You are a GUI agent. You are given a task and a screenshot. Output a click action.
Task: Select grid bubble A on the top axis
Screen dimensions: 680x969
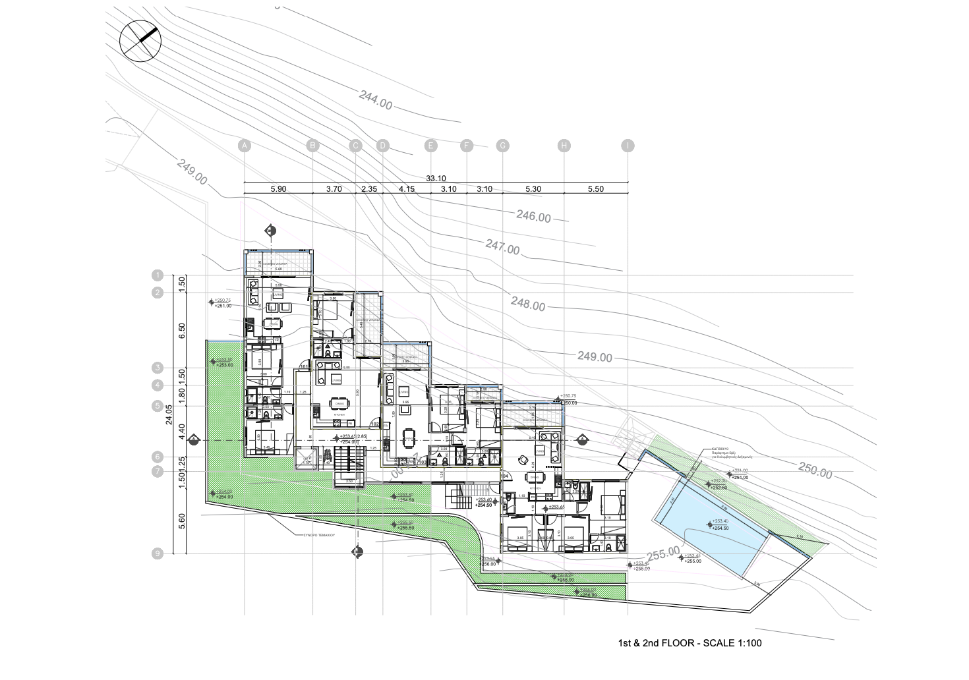click(x=244, y=146)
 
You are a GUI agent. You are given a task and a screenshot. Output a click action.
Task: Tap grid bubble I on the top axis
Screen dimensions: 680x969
click(x=628, y=146)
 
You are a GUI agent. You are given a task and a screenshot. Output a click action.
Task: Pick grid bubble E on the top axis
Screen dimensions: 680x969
click(x=430, y=146)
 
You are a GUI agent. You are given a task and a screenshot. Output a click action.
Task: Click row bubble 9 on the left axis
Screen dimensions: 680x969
click(x=157, y=553)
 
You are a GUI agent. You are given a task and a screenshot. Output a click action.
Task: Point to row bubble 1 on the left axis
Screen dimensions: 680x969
click(x=157, y=275)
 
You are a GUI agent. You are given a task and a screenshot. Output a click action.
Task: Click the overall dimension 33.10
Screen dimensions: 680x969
click(x=436, y=178)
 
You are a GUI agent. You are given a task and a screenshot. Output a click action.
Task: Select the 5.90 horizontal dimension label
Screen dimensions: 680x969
click(x=278, y=189)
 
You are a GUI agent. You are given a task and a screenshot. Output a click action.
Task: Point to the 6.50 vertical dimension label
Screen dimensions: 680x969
click(x=183, y=330)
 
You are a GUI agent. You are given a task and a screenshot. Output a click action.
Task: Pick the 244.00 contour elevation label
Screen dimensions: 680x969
click(x=376, y=101)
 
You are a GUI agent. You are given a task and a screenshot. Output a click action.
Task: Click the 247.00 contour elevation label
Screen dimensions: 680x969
click(x=502, y=248)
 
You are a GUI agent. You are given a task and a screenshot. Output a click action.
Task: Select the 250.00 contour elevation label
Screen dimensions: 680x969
click(x=815, y=470)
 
